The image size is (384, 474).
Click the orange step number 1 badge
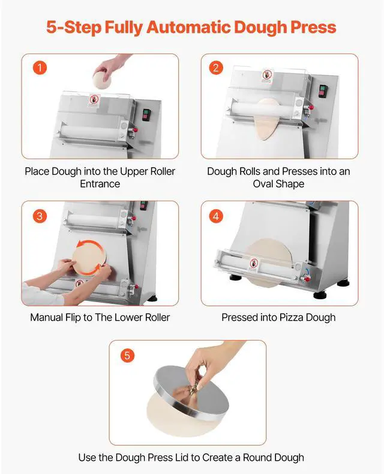[x=39, y=68]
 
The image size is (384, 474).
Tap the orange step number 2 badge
[x=217, y=68]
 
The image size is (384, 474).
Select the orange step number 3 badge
[x=39, y=216]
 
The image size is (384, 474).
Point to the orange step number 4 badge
[x=217, y=216]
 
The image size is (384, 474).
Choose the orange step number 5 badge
[x=127, y=355]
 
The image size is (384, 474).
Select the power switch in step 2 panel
[x=323, y=91]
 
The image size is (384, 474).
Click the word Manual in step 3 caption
[x=47, y=317]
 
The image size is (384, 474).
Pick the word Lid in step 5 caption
[x=187, y=457]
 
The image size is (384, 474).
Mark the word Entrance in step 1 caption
[x=100, y=184]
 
